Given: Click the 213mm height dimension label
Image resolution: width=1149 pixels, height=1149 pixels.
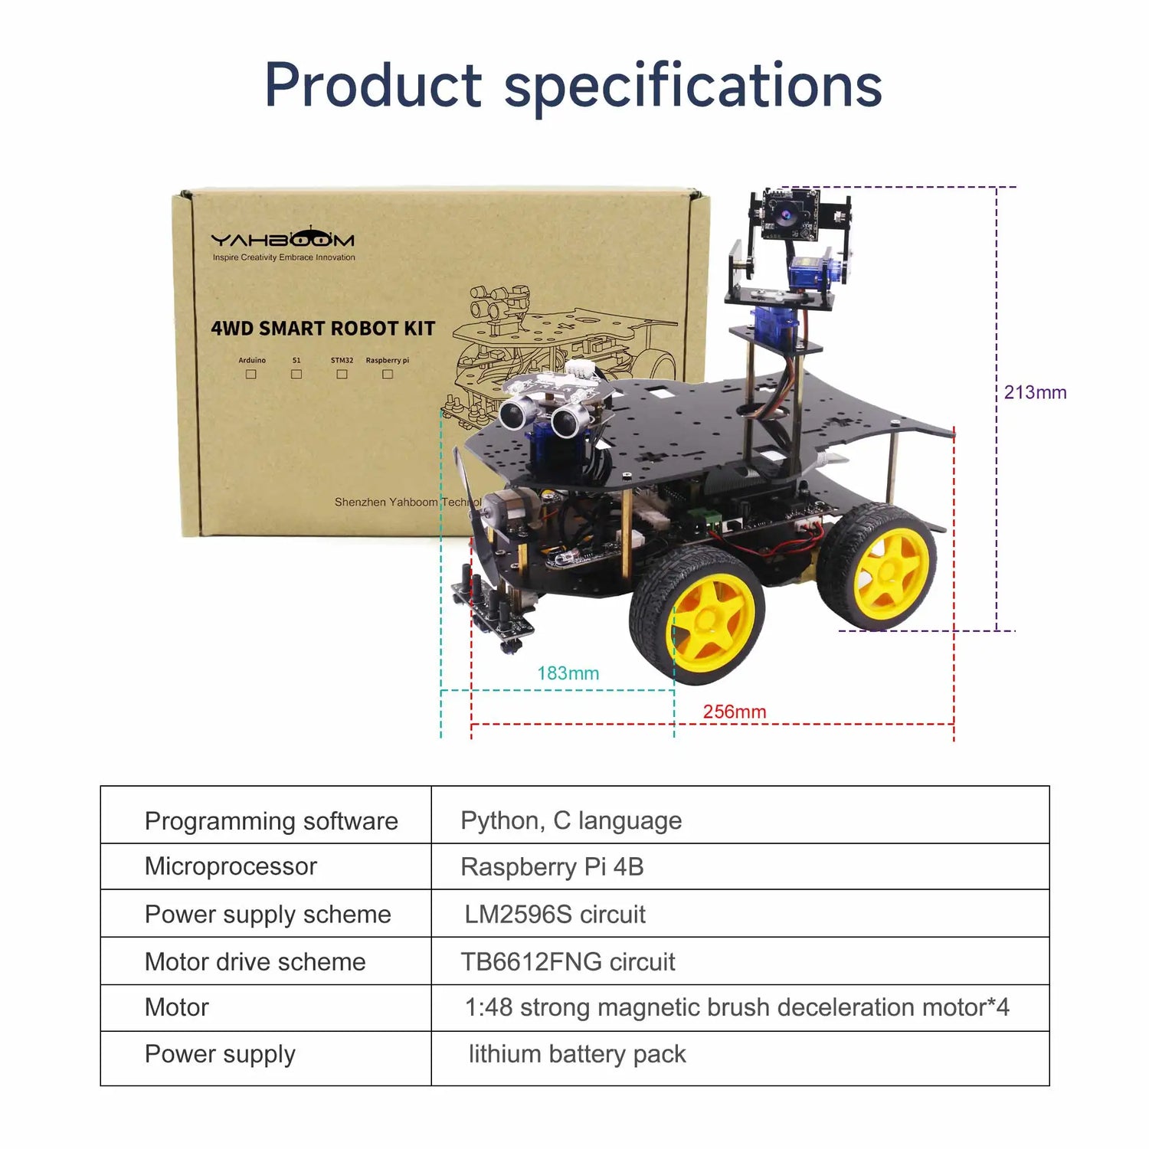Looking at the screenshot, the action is (1035, 392).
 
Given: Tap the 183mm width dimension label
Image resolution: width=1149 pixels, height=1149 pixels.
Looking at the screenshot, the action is (568, 673).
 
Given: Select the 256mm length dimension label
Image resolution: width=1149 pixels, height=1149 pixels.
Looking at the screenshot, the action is (735, 712).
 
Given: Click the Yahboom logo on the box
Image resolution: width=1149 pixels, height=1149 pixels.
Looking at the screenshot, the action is (283, 238).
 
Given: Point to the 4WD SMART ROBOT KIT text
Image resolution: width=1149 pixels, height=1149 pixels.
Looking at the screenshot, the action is (322, 329).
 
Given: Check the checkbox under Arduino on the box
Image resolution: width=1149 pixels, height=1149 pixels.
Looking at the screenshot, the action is (250, 375).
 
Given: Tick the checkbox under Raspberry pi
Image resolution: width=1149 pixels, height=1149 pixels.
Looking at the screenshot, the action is (388, 375).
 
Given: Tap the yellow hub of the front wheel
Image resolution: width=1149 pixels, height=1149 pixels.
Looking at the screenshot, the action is (710, 617).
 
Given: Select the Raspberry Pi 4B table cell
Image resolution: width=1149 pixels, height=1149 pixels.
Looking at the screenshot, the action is (552, 867).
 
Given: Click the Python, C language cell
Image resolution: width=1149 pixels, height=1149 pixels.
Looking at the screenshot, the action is (571, 820).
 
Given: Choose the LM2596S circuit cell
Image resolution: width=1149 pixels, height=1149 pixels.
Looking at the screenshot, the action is (555, 914).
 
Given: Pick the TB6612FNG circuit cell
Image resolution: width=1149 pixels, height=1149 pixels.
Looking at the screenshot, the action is (568, 961).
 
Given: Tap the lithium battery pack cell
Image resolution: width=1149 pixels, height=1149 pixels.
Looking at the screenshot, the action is (577, 1055).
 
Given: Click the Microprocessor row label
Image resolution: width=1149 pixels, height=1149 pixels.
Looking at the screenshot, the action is (231, 866).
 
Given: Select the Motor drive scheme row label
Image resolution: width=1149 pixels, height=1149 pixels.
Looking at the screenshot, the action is (255, 961).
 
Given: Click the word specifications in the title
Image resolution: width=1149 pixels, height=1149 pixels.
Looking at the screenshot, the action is (693, 86).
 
